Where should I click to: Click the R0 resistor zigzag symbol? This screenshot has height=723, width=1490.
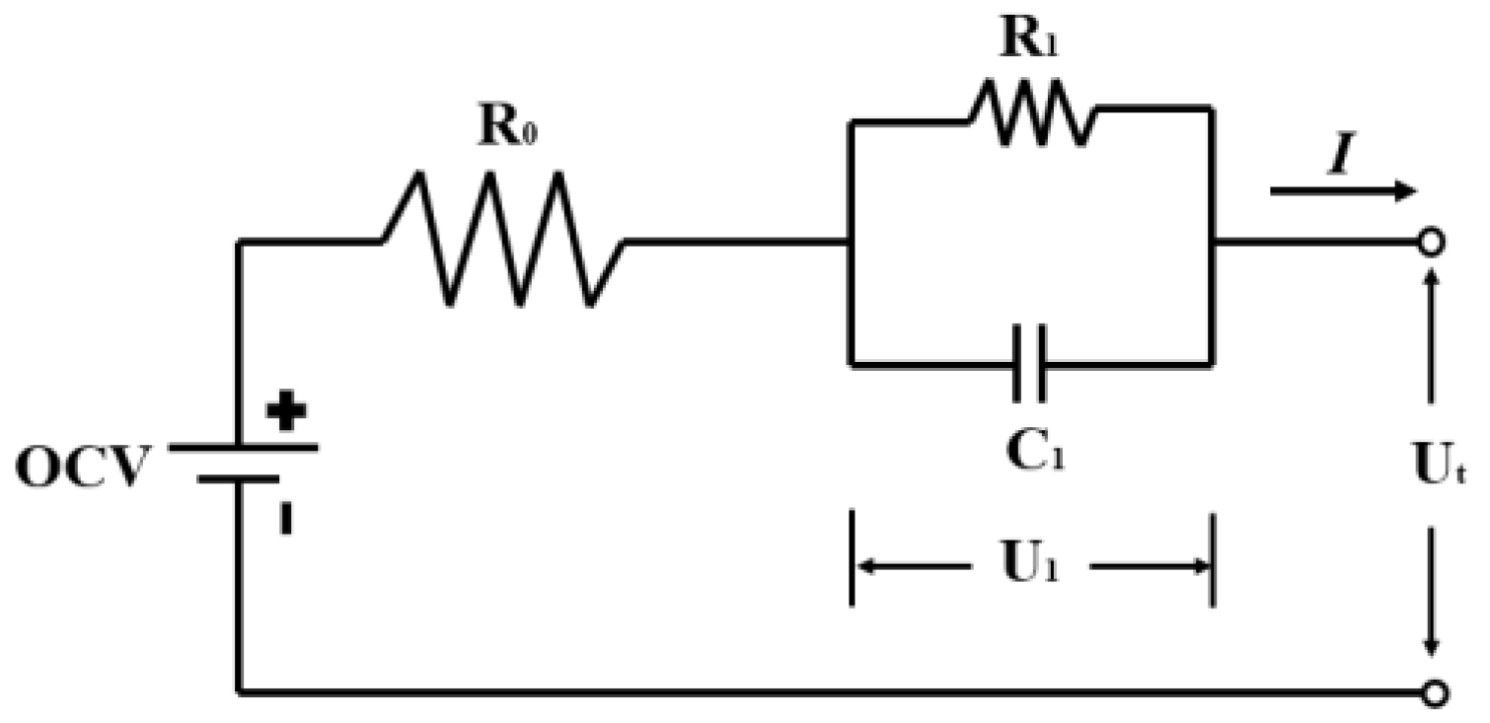(503, 240)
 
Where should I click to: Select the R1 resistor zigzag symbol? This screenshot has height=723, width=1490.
(1032, 112)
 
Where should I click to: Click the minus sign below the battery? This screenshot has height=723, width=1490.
(286, 521)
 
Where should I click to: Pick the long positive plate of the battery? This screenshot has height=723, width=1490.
(243, 447)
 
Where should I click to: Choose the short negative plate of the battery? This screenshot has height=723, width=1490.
(238, 480)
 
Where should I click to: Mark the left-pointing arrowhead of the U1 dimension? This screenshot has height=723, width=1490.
(864, 567)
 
